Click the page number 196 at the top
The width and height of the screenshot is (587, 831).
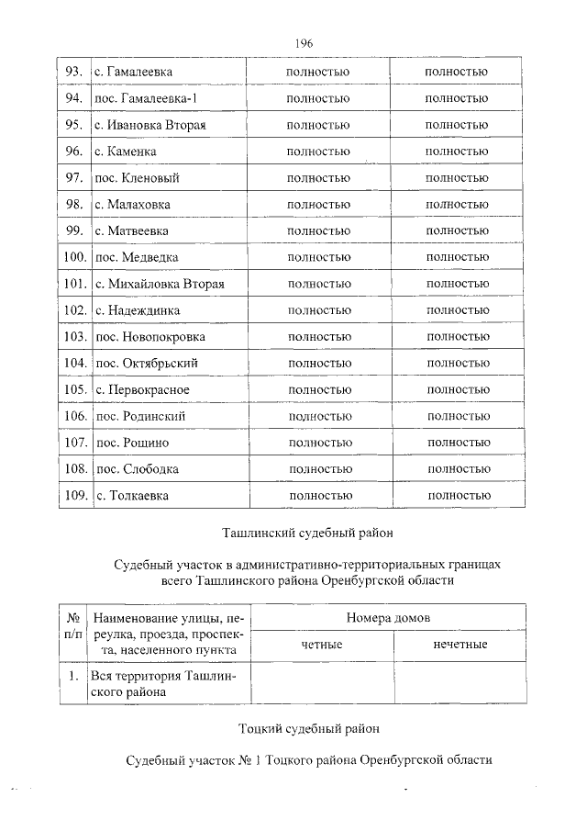305,43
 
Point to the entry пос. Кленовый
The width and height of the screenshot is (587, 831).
136,177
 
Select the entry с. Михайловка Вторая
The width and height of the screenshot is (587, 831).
160,284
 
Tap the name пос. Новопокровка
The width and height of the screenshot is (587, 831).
150,337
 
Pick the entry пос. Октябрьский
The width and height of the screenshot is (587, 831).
146,364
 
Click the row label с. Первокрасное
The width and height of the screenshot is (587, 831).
142,390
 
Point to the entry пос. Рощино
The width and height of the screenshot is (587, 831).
132,444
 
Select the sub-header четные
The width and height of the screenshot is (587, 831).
321,645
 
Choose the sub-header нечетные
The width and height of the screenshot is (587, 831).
460,645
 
